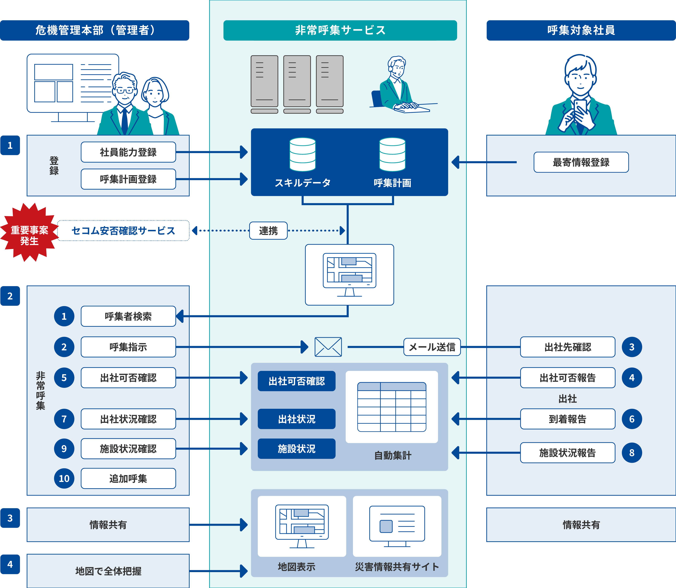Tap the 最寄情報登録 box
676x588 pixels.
pyautogui.click(x=581, y=162)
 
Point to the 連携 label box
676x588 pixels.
pyautogui.click(x=268, y=231)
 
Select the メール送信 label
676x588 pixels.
pyautogui.click(x=432, y=347)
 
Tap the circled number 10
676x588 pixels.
pyautogui.click(x=64, y=478)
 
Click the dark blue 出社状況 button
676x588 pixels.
pyautogui.click(x=296, y=419)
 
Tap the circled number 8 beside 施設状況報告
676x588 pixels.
pyautogui.click(x=632, y=453)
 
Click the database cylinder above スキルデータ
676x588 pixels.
pyautogui.click(x=303, y=154)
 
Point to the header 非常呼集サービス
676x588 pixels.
pyautogui.click(x=340, y=30)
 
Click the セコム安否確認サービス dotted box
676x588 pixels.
pyautogui.click(x=123, y=231)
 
